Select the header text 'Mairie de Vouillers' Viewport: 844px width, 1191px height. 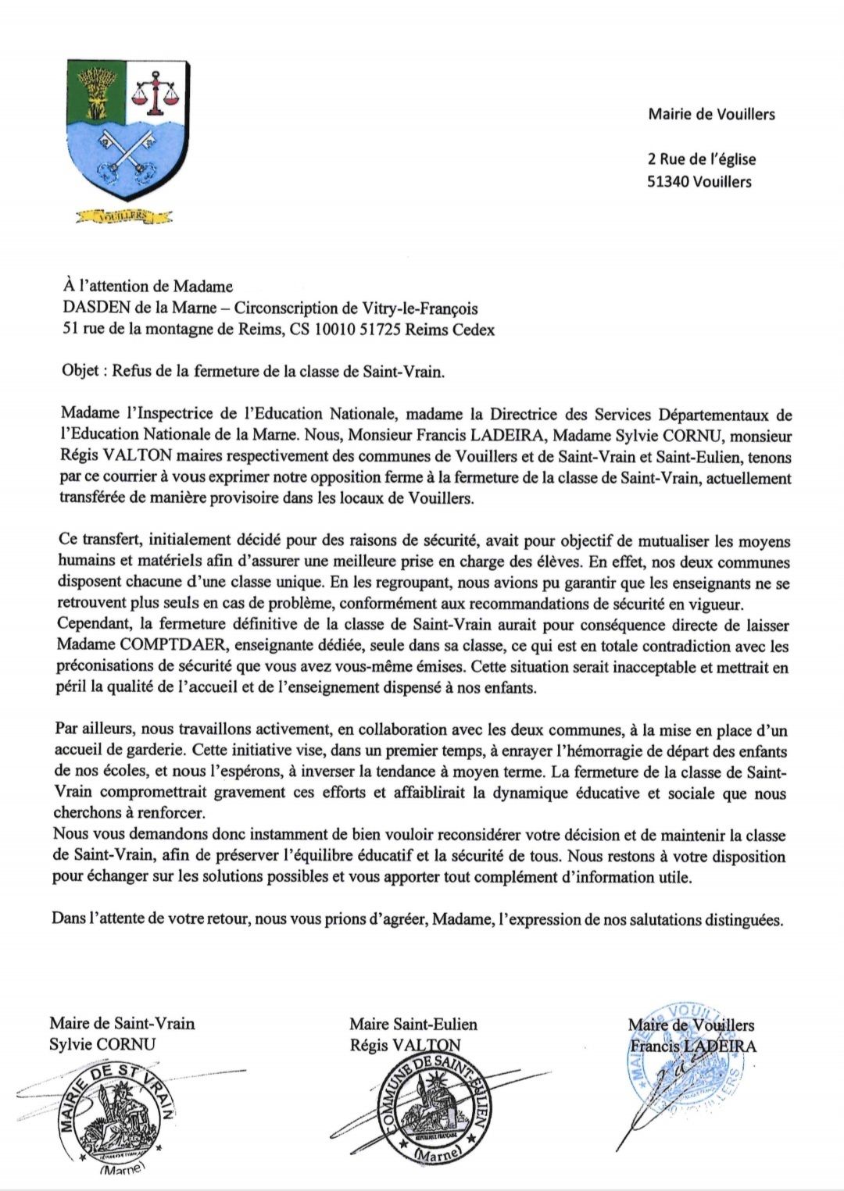click(711, 114)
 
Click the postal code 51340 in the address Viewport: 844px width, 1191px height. click(668, 182)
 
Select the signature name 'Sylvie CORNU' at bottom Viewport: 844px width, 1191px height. click(102, 1044)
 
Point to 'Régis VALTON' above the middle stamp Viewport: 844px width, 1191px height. click(405, 1045)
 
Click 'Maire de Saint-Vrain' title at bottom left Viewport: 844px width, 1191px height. click(122, 1023)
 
